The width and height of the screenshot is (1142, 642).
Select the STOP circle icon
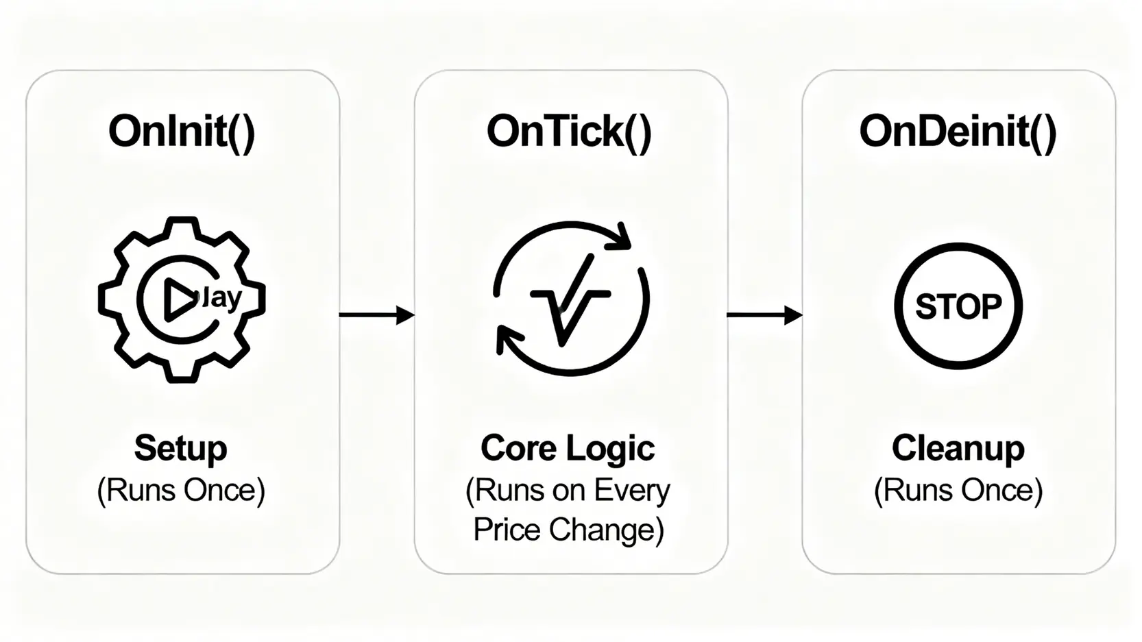point(958,306)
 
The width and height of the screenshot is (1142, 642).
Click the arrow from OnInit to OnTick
point(376,315)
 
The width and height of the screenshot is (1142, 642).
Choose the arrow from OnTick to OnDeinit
point(764,315)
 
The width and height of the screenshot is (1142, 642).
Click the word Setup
point(181,448)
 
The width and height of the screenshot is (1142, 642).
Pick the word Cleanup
point(958,448)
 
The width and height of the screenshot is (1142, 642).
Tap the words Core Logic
point(568,448)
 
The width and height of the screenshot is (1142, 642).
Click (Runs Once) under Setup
point(181,491)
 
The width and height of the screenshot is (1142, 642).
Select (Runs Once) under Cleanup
point(958,491)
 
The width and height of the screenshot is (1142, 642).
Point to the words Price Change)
point(568,530)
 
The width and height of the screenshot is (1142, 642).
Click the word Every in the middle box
point(631,491)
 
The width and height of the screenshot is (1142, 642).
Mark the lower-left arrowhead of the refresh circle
point(508,340)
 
